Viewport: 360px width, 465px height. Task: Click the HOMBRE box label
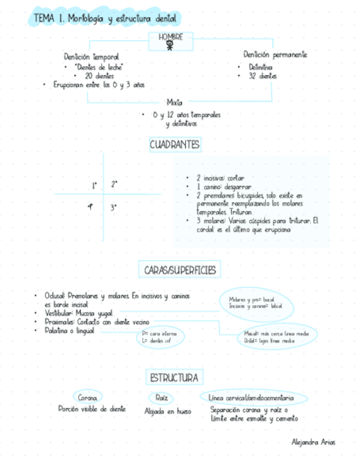pyautogui.click(x=171, y=37)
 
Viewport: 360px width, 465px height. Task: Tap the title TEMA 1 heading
pyautogui.click(x=105, y=19)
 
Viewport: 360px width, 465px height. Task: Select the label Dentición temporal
pyautogui.click(x=91, y=56)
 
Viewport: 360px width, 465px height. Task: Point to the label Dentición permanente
pyautogui.click(x=275, y=55)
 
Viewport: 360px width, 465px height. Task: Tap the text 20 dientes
pyautogui.click(x=100, y=76)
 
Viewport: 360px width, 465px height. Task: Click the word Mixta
pyautogui.click(x=175, y=103)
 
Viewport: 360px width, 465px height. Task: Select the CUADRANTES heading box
pyautogui.click(x=175, y=145)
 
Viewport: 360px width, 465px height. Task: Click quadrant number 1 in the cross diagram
pyautogui.click(x=94, y=185)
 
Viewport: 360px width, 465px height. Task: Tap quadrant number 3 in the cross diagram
pyautogui.click(x=114, y=207)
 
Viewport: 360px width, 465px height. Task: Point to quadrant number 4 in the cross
pyautogui.click(x=90, y=207)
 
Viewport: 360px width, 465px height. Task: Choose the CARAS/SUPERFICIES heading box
pyautogui.click(x=180, y=270)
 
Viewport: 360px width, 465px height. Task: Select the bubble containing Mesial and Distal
pyautogui.click(x=277, y=336)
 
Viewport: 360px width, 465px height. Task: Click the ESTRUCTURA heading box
pyautogui.click(x=174, y=378)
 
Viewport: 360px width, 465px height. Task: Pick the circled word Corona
pyautogui.click(x=88, y=397)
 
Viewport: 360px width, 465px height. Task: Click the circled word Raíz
pyautogui.click(x=161, y=397)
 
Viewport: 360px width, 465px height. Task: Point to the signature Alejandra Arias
pyautogui.click(x=313, y=442)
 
